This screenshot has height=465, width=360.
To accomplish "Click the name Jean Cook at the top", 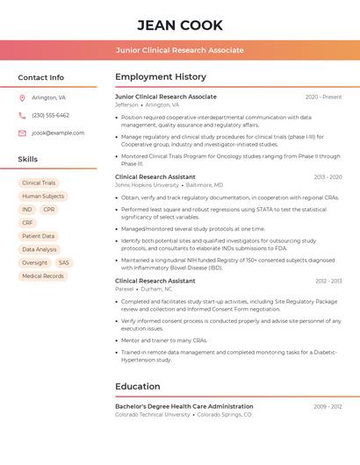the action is click(x=180, y=25).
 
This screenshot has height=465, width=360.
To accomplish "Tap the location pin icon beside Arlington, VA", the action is click(x=22, y=97).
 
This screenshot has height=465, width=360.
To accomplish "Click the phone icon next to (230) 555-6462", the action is click(x=22, y=115).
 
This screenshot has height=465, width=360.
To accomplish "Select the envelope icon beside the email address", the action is click(x=22, y=133).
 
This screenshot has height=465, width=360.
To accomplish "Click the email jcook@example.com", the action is click(x=58, y=133).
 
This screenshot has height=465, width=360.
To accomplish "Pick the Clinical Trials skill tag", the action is click(x=39, y=183).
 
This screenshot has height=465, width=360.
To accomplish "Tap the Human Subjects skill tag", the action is click(x=43, y=197).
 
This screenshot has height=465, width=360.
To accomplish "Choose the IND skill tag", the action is click(x=27, y=210).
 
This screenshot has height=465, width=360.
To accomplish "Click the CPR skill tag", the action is click(x=48, y=210).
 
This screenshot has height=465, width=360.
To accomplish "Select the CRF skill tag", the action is click(x=27, y=223).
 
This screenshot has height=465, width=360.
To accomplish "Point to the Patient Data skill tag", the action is click(x=38, y=236).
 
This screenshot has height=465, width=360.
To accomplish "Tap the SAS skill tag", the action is click(x=64, y=262).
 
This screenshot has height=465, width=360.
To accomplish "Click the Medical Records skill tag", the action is click(x=43, y=275).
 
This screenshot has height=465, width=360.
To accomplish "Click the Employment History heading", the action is click(x=161, y=77).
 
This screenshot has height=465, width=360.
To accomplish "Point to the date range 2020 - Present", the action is click(x=323, y=97).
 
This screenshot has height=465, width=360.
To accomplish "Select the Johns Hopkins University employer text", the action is click(x=147, y=185).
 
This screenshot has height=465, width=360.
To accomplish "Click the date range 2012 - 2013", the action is click(x=328, y=281).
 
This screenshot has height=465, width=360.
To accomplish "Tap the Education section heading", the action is click(x=138, y=386).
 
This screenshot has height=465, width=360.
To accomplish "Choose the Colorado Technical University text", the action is click(x=152, y=414).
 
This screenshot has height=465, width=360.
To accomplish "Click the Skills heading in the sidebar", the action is click(x=28, y=160).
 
